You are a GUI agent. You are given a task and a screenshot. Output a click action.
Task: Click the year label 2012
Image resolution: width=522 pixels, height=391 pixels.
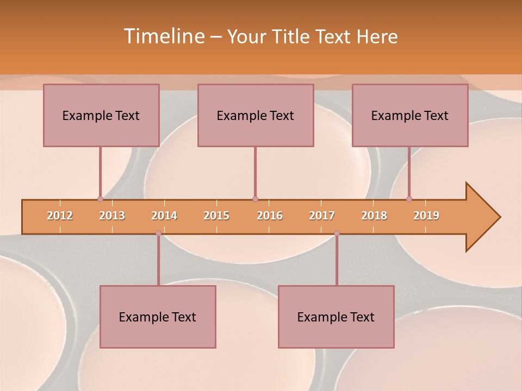60,216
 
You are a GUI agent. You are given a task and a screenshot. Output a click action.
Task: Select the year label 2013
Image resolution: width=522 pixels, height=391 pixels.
112,216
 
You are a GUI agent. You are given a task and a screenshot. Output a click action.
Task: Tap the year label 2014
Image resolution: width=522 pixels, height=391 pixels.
164,216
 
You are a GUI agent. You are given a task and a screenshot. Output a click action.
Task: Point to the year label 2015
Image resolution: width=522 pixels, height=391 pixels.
216,216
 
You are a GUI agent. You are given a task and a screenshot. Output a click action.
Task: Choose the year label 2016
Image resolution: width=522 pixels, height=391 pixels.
270,216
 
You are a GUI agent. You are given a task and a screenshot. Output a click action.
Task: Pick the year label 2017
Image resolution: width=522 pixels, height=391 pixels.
322,216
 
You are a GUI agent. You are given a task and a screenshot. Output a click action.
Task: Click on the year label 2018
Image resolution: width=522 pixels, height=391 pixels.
374,216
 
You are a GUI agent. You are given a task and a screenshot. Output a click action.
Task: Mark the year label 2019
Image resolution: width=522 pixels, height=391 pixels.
426,216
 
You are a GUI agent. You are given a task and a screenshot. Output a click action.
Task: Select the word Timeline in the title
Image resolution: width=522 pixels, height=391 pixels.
163,36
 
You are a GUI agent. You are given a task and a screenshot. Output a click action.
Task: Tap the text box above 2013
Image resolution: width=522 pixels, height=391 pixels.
101,115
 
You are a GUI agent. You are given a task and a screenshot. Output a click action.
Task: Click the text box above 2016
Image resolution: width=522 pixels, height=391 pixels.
256,115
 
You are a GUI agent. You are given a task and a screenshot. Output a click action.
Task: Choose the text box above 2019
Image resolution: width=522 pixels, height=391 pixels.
410,115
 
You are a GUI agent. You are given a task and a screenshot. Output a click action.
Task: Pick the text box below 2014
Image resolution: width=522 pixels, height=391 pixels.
158,317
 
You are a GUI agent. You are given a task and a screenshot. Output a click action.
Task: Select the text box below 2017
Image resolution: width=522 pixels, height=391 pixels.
336,317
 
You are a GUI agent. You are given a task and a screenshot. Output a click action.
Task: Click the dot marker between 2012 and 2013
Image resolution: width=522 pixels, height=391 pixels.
100,199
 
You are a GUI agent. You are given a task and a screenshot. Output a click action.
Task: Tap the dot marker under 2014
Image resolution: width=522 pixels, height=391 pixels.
158,233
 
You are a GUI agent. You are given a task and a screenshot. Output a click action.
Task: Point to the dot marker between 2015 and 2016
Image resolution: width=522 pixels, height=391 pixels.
255,199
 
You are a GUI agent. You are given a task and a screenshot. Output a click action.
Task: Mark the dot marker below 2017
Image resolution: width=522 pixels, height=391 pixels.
337,233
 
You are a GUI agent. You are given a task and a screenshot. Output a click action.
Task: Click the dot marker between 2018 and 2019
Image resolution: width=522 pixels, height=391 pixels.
409,199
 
